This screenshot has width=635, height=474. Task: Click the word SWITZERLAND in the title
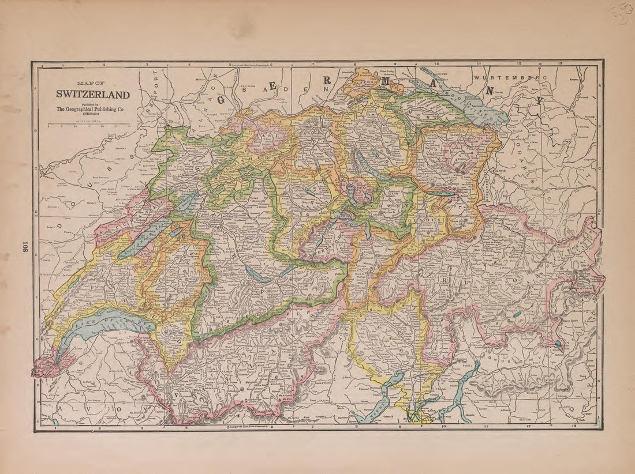point(92,95)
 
